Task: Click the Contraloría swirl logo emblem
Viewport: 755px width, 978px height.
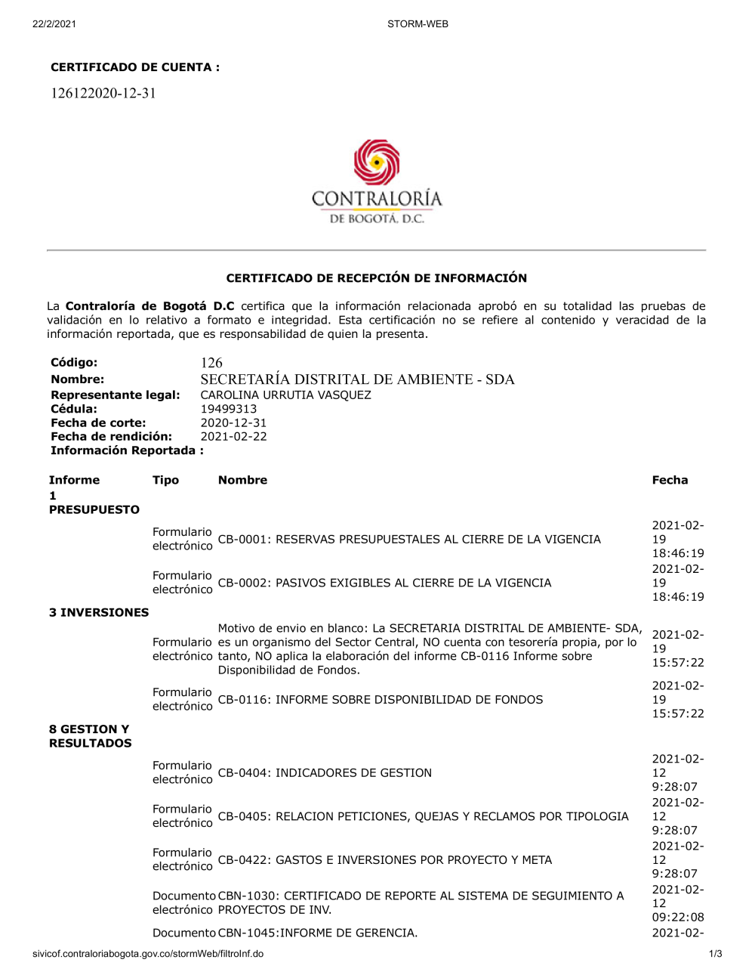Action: (x=377, y=162)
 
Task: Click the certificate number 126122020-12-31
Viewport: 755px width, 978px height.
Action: (x=103, y=94)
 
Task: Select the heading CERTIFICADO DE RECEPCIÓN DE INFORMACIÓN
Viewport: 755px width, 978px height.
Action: (x=377, y=278)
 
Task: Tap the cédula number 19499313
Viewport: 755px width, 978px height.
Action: (x=228, y=409)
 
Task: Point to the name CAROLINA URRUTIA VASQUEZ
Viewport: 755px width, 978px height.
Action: (x=285, y=395)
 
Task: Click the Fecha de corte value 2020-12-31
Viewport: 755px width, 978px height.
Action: (x=233, y=423)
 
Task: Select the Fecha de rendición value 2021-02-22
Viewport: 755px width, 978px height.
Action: (x=233, y=437)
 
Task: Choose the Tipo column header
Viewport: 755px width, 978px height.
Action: (x=165, y=480)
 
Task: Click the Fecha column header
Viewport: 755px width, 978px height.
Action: (x=670, y=480)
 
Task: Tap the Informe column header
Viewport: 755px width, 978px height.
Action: (x=74, y=480)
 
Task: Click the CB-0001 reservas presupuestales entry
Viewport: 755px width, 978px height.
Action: (x=409, y=540)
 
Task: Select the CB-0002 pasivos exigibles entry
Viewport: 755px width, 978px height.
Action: (x=384, y=583)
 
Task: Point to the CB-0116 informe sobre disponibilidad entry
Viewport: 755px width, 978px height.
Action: (x=381, y=700)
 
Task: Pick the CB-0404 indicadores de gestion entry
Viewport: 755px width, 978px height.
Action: (x=325, y=773)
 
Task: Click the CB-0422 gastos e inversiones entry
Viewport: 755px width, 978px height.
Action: (x=385, y=860)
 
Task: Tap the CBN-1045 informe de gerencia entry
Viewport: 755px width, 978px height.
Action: (x=318, y=933)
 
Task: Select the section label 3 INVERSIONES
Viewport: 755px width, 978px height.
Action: (x=99, y=613)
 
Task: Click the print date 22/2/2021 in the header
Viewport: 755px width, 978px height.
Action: (x=54, y=24)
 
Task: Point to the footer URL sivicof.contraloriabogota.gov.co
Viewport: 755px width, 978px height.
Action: (x=148, y=954)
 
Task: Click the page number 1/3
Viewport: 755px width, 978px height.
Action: (x=715, y=954)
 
